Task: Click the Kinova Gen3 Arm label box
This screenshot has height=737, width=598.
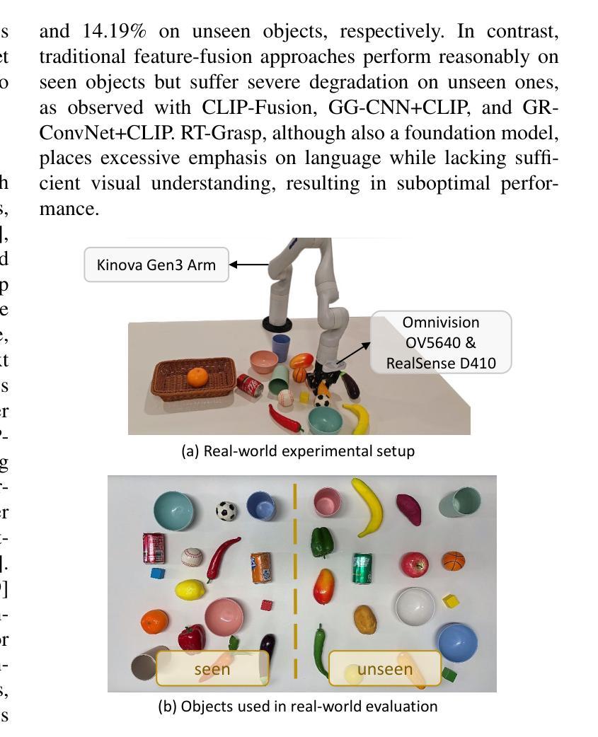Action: (x=156, y=265)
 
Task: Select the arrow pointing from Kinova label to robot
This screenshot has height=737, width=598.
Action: (x=249, y=265)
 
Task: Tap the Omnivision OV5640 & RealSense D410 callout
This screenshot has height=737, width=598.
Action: (x=440, y=342)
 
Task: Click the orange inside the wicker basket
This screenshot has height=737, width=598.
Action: (x=197, y=377)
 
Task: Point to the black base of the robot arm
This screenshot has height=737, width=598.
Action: (x=277, y=325)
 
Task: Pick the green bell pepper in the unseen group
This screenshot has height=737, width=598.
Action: (x=322, y=542)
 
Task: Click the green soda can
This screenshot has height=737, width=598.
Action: (x=362, y=569)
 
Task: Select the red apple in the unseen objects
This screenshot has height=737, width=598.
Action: (x=414, y=564)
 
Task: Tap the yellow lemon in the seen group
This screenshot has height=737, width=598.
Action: (x=189, y=589)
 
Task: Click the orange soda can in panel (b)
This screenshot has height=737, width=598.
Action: (x=261, y=568)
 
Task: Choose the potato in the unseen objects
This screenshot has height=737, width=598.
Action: (x=365, y=619)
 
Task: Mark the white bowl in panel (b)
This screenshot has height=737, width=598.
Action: (x=415, y=607)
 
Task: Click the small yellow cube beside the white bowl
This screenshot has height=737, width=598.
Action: (x=450, y=602)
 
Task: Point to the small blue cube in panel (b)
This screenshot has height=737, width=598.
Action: (x=157, y=573)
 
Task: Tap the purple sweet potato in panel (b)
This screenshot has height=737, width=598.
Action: (x=409, y=509)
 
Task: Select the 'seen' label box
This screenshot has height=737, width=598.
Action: (x=212, y=668)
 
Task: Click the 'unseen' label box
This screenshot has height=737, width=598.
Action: (x=384, y=668)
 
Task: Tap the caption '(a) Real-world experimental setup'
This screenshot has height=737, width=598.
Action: (x=298, y=451)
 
